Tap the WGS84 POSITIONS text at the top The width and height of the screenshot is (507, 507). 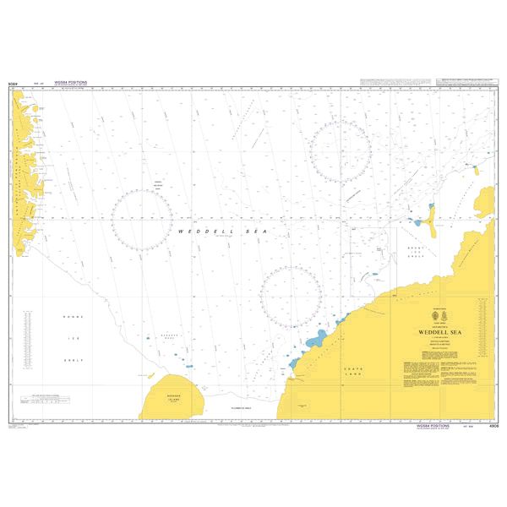coord(70,83)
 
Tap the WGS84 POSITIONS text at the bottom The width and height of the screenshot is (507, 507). coord(433,426)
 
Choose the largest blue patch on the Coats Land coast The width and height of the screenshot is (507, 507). coord(314,341)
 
